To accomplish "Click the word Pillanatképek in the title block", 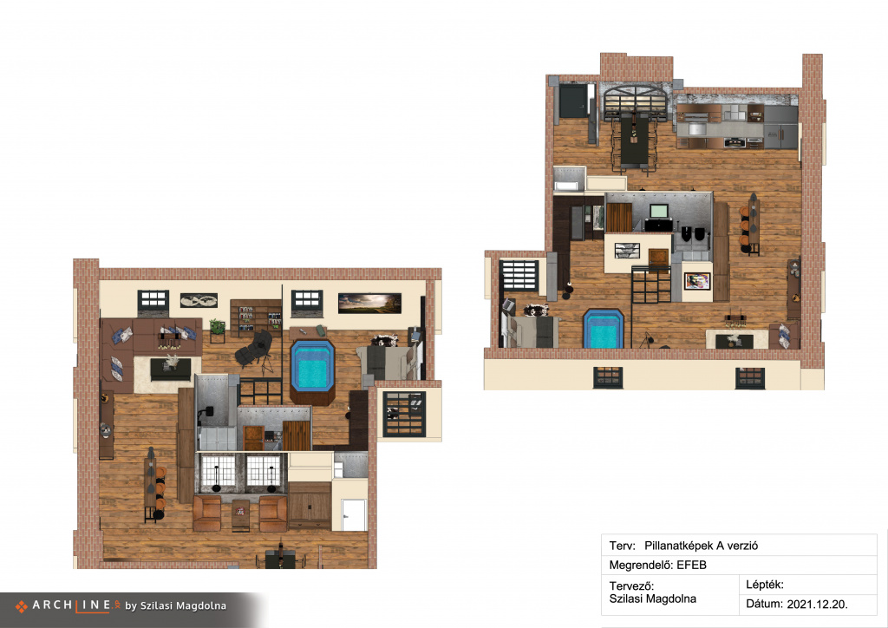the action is (x=678, y=546).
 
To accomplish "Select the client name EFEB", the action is (x=691, y=566).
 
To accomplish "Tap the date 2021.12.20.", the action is (x=817, y=605).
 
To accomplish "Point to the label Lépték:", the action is (x=765, y=585).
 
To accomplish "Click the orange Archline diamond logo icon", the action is (x=22, y=606).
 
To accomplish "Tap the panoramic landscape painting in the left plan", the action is (x=369, y=303).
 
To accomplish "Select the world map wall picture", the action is (x=199, y=301).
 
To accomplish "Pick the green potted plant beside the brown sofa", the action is (x=217, y=327).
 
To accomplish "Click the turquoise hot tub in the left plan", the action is (x=311, y=367).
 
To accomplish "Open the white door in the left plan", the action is (x=354, y=515).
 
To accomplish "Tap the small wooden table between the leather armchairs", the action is (x=241, y=514).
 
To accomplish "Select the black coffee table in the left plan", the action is (x=171, y=369).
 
